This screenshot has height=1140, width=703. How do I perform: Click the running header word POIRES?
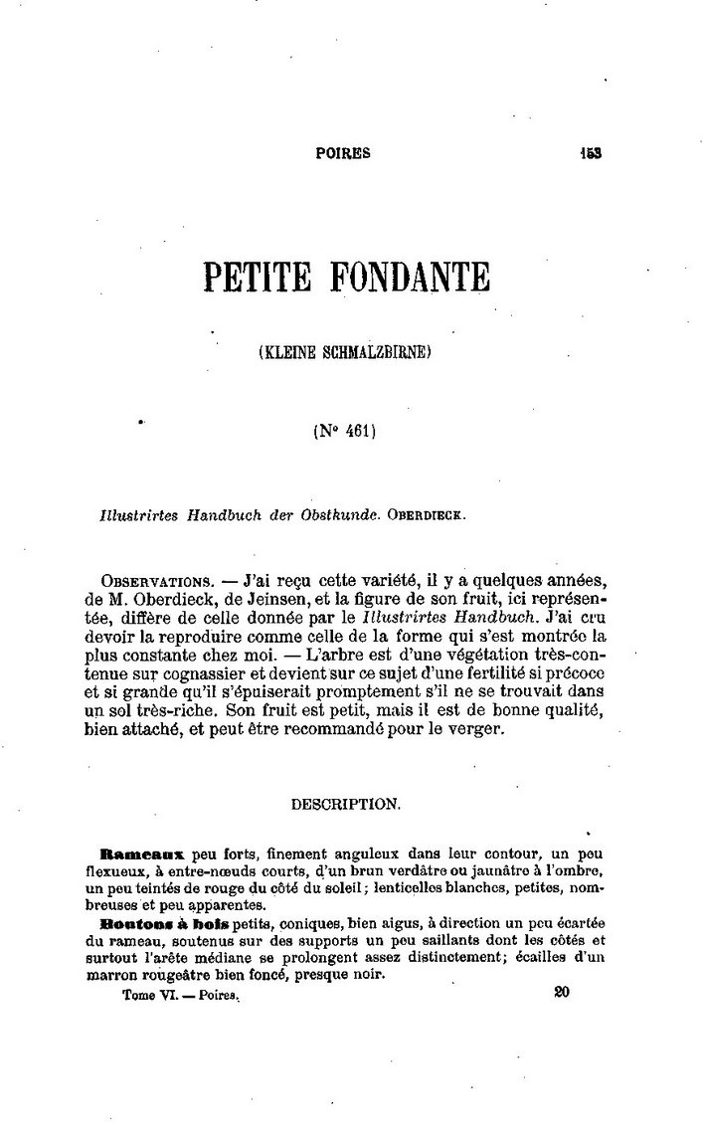pyautogui.click(x=342, y=153)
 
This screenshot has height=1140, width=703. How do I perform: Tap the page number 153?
pyautogui.click(x=593, y=153)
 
